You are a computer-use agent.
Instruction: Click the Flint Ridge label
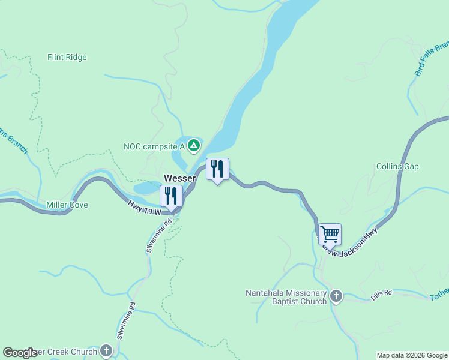pyautogui.click(x=67, y=58)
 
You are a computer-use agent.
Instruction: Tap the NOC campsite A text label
pyautogui.click(x=154, y=146)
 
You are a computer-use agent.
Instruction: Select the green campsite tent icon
pyautogui.click(x=193, y=145)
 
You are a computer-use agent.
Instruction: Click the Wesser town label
pyautogui.click(x=180, y=179)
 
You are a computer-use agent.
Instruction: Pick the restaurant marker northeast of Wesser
pyautogui.click(x=217, y=169)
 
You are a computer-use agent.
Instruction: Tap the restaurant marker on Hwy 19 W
pyautogui.click(x=171, y=196)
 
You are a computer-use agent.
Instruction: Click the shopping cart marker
pyautogui.click(x=330, y=234)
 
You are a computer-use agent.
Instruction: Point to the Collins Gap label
pyautogui.click(x=397, y=167)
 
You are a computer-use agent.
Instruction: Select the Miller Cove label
pyautogui.click(x=67, y=205)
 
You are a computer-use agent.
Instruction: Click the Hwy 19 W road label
pyautogui.click(x=145, y=208)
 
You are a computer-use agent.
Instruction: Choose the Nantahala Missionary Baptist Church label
pyautogui.click(x=286, y=297)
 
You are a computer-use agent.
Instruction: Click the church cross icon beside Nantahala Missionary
pyautogui.click(x=336, y=296)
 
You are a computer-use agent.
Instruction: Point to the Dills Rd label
pyautogui.click(x=381, y=295)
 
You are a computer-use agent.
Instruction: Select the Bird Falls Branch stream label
pyautogui.click(x=431, y=59)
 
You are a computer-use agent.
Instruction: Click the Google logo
pyautogui.click(x=20, y=353)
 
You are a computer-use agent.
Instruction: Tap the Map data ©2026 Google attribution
pyautogui.click(x=411, y=355)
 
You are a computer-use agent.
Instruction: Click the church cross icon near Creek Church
pyautogui.click(x=106, y=350)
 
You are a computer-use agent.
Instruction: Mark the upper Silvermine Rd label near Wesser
pyautogui.click(x=159, y=235)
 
